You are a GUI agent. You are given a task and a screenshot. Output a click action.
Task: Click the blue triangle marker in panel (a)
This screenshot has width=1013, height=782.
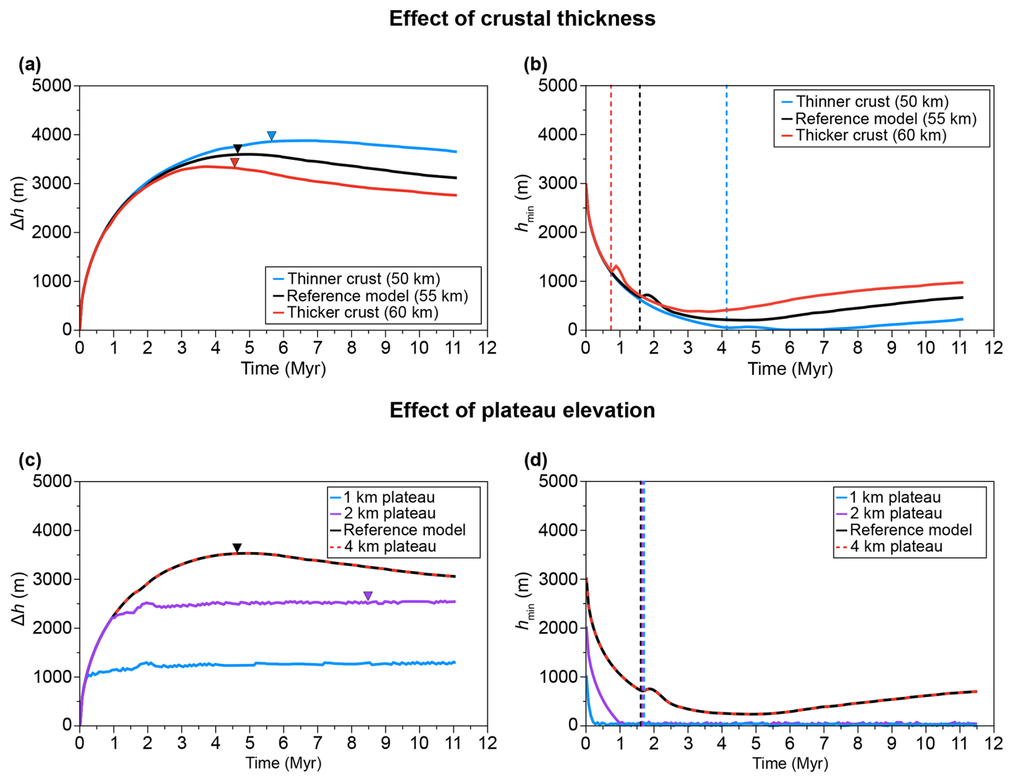[x=271, y=136]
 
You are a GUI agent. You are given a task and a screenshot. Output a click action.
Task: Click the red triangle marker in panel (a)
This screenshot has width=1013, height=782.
[x=235, y=162]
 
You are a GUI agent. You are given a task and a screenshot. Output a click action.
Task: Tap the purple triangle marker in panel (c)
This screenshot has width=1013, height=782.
[x=368, y=596]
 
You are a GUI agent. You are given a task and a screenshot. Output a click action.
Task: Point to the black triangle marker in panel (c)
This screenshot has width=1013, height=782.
[x=237, y=548]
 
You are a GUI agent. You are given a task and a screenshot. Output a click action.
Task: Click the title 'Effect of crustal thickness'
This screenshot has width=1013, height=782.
[x=522, y=19]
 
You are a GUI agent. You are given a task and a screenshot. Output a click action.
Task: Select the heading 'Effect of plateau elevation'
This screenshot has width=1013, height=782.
[x=522, y=410]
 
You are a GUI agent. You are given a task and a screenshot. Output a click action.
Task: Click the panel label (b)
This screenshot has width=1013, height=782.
[x=535, y=64]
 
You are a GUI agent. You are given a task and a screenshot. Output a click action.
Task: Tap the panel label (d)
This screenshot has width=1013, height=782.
[x=535, y=460]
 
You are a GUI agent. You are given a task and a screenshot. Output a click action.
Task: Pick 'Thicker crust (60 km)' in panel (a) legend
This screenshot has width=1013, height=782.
[x=362, y=312]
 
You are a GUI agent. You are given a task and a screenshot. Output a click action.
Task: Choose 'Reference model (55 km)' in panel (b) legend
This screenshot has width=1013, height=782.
[x=886, y=118]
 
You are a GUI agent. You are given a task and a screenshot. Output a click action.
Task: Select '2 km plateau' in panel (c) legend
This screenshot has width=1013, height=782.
[x=389, y=513]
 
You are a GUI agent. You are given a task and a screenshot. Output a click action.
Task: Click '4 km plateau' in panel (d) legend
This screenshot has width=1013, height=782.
[x=896, y=546]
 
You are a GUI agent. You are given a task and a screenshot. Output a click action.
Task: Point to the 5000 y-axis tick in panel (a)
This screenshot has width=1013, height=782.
[x=51, y=86]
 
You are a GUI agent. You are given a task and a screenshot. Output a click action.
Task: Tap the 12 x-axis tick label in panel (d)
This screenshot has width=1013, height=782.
[x=994, y=743]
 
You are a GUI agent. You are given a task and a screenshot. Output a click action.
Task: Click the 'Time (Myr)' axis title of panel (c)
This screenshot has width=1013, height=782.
[x=283, y=763]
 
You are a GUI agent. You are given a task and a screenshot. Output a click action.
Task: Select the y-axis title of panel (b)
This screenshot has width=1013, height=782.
[x=523, y=204]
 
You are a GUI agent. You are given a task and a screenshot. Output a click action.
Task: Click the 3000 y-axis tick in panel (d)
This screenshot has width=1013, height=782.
[x=558, y=579]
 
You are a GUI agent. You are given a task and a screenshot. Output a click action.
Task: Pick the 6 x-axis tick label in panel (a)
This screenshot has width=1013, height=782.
[x=283, y=348]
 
